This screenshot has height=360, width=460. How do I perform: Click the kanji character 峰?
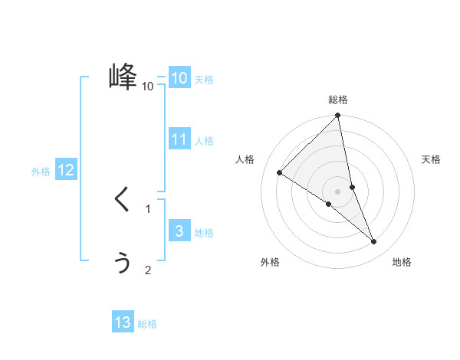pos(123,77)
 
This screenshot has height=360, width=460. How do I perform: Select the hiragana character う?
pos(123,262)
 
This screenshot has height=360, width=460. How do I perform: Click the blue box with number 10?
pos(179,78)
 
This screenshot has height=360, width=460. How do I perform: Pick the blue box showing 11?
pos(179,139)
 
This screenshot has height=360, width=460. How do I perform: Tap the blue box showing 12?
pos(66,170)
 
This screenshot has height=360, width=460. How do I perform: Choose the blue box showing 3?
pos(179,231)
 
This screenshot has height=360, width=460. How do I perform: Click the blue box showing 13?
pos(123,322)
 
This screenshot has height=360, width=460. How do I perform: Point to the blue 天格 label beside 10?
pos(204,80)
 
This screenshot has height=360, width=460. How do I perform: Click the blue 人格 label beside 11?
pos(204,141)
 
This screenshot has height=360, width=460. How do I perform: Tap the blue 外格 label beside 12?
pos(41,172)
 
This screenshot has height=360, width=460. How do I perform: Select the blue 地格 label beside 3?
pos(204,233)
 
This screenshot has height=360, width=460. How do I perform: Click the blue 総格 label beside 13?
pos(147,324)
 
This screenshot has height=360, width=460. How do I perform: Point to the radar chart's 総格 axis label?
pos(338,100)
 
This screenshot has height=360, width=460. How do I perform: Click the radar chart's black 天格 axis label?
pos(432,159)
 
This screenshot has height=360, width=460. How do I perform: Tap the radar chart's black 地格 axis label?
pos(402,262)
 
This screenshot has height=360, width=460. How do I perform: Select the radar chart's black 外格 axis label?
pos(270,262)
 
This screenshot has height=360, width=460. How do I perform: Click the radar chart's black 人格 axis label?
pos(245,159)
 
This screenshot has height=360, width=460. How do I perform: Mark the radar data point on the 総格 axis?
pos(338,116)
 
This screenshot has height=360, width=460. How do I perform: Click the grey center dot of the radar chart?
pos(338,191)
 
